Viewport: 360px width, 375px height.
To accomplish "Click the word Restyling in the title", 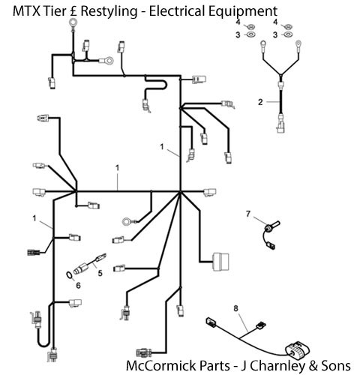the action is pos(109,11).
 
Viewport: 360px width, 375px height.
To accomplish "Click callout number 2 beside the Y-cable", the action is pos(260,102).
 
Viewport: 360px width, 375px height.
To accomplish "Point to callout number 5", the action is pos(100,273).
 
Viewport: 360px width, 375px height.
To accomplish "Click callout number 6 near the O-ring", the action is pos(78,285).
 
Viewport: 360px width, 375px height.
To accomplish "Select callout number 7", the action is pos(247,214).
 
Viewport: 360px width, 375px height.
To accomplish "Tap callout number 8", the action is pos(236,308).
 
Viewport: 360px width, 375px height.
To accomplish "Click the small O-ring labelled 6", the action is pos(69,275).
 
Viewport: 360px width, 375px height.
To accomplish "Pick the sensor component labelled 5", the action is pos(89,264).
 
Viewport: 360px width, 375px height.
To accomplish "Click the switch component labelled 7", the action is pos(271,235).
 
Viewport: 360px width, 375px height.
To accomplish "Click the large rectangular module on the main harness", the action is pos(220,262).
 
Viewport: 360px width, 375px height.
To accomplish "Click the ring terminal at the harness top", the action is pos(73,24).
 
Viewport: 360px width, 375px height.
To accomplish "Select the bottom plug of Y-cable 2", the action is pos(281,124).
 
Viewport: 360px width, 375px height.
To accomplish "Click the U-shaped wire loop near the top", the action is pos(156,83).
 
